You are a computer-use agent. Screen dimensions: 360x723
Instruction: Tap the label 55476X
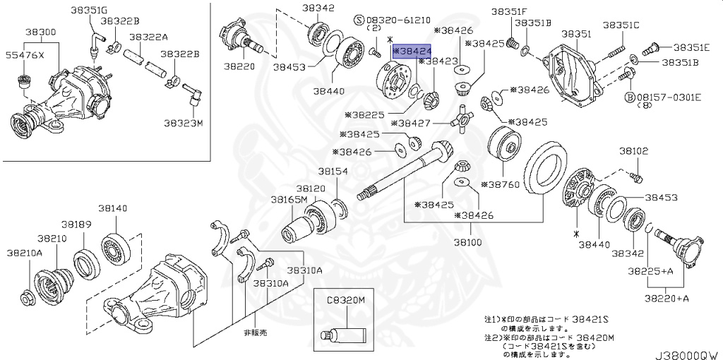tap(25, 55)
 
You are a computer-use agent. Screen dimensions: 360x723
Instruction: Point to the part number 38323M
tap(184, 123)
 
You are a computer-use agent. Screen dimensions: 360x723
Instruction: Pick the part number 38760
tap(500, 184)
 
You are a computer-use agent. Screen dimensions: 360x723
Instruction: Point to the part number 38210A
tap(25, 252)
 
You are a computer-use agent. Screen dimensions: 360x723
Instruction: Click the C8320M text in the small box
tap(345, 300)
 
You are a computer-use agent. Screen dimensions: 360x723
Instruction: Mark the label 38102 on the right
tap(634, 151)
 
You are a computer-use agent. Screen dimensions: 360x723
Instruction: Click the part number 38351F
tap(509, 11)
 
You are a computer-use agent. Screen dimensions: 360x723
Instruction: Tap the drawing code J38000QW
tap(686, 353)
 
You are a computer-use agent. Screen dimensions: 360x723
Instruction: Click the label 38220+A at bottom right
tap(667, 299)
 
